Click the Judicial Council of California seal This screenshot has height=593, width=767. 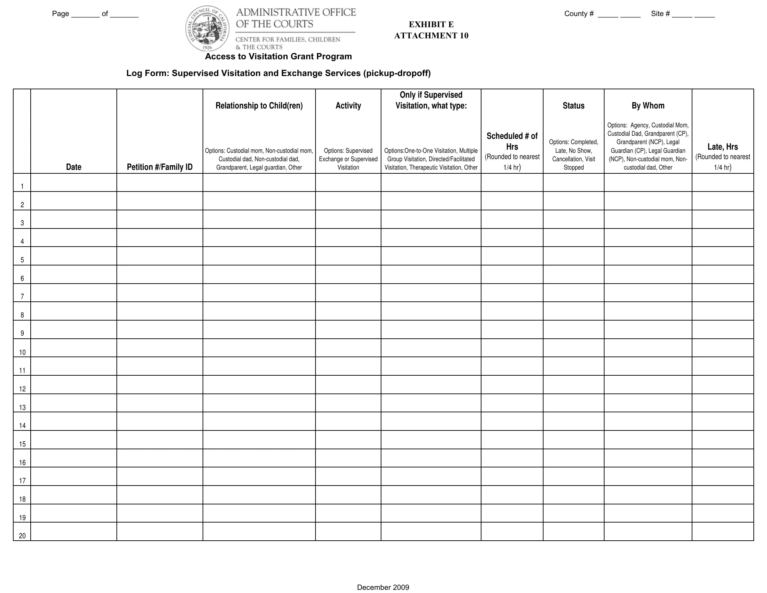(x=207, y=29)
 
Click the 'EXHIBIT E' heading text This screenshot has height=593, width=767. (x=431, y=24)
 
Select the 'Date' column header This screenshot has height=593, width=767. (x=74, y=167)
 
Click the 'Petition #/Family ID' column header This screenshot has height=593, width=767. (x=160, y=167)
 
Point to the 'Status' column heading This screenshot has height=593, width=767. (x=574, y=106)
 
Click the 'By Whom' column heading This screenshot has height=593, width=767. (x=648, y=106)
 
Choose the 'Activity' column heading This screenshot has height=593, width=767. (x=348, y=106)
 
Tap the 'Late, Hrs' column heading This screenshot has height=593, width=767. (x=722, y=147)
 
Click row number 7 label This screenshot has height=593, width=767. (x=22, y=296)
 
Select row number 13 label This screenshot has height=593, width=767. (x=22, y=407)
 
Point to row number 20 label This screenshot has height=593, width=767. (x=22, y=536)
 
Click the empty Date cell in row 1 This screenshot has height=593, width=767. (x=74, y=183)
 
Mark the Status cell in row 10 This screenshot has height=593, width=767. (x=574, y=348)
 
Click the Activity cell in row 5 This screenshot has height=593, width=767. (x=348, y=256)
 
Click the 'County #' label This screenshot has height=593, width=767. (x=579, y=14)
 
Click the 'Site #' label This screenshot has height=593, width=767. (x=660, y=14)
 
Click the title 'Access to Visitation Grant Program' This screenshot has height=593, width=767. (x=278, y=57)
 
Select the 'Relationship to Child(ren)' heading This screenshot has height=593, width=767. (x=259, y=106)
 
